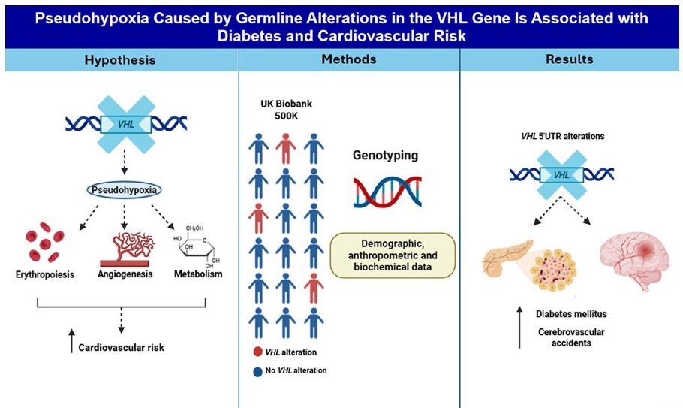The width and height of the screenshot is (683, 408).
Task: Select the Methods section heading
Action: (x=348, y=59)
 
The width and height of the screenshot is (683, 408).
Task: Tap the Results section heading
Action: (x=570, y=59)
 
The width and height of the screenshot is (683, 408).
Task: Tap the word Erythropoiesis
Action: (x=46, y=274)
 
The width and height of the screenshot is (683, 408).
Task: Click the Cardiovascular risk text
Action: (x=121, y=347)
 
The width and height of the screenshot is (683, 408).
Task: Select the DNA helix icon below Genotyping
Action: (x=387, y=192)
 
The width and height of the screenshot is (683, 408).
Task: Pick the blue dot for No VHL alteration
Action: (x=257, y=370)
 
